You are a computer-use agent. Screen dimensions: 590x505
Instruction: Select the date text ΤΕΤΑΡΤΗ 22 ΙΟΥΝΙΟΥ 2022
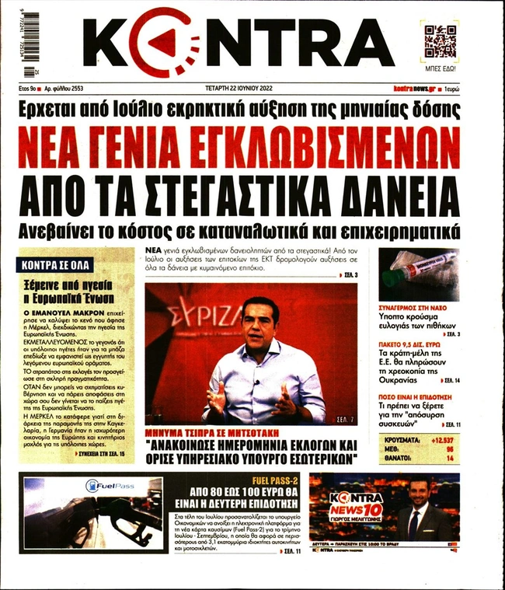click(x=252, y=91)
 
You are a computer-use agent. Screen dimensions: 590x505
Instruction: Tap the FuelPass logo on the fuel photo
click(x=110, y=486)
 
